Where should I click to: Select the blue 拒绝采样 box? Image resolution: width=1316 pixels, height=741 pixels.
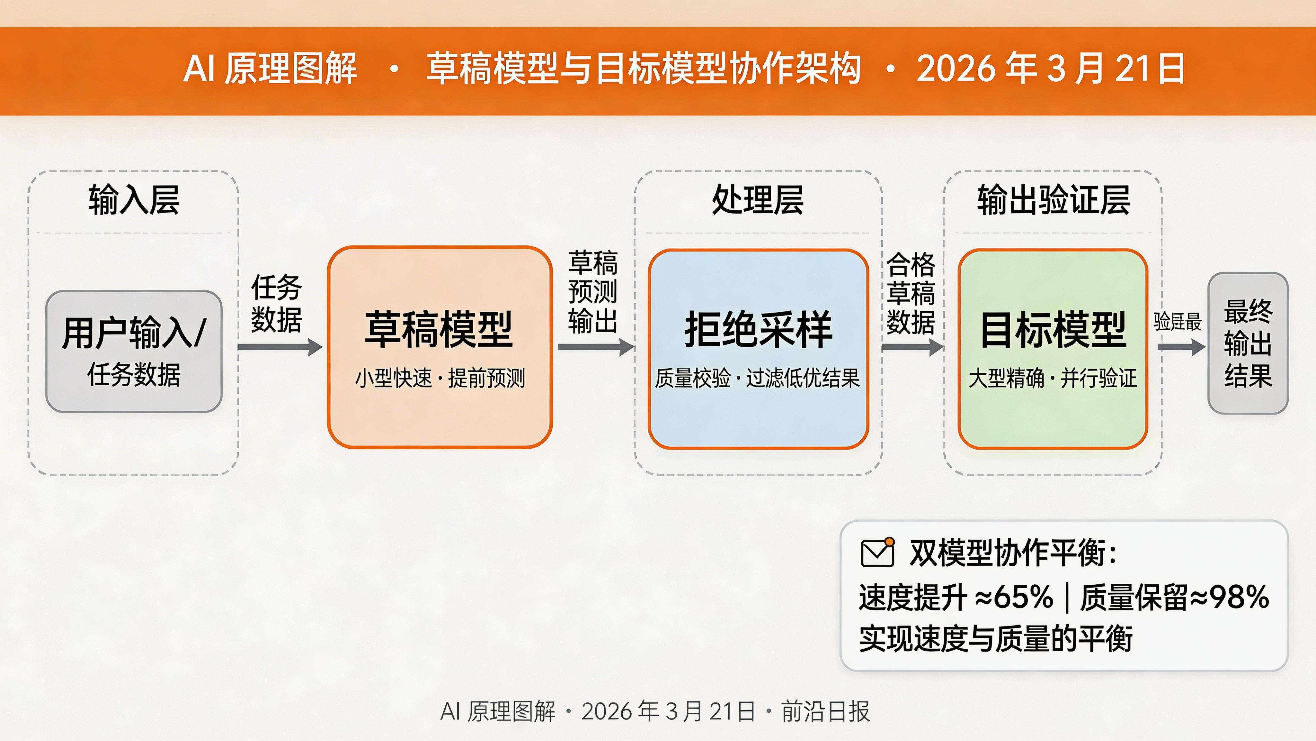(x=758, y=348)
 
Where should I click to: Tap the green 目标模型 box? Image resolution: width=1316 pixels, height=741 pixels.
(x=1053, y=348)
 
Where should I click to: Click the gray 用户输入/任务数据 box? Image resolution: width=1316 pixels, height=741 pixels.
(x=134, y=351)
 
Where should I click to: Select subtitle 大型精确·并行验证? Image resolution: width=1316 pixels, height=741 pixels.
(x=1053, y=379)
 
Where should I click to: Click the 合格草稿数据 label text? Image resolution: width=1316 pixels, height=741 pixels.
(x=911, y=293)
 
